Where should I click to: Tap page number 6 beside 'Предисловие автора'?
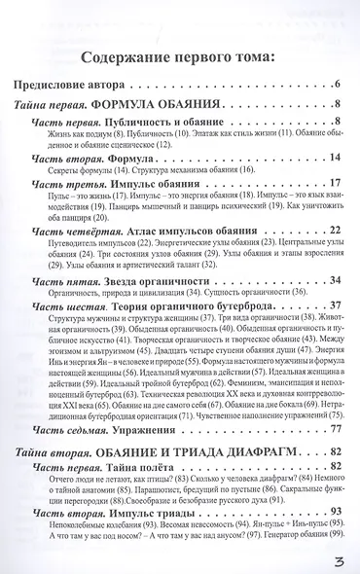(x=335, y=87)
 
